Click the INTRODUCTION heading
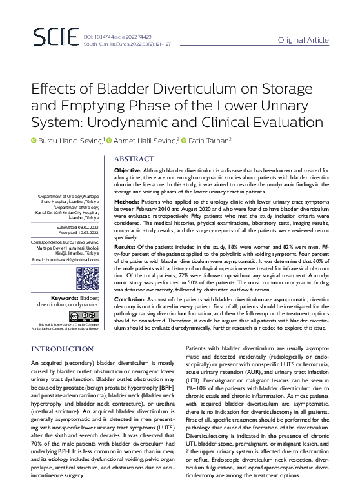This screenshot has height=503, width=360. coord(63,349)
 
